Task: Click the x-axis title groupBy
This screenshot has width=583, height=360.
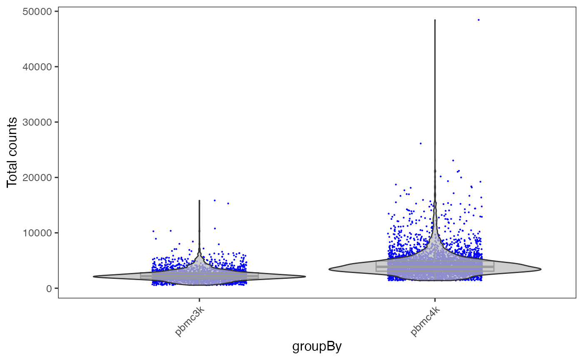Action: pyautogui.click(x=317, y=347)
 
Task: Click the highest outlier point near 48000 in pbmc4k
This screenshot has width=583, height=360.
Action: pyautogui.click(x=478, y=20)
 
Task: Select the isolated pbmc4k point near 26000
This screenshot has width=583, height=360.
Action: pyautogui.click(x=421, y=143)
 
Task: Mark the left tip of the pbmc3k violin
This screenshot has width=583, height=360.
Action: pyautogui.click(x=94, y=276)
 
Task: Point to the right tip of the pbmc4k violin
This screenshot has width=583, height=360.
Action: pyautogui.click(x=541, y=269)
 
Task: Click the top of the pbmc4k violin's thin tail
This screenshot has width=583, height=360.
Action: pyautogui.click(x=435, y=20)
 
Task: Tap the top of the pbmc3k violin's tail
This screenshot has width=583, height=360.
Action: pyautogui.click(x=199, y=201)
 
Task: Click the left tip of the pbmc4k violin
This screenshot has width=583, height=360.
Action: pyautogui.click(x=329, y=269)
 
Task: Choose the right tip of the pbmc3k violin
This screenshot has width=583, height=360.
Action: pyautogui.click(x=305, y=276)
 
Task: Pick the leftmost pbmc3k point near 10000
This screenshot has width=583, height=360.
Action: pyautogui.click(x=153, y=231)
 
